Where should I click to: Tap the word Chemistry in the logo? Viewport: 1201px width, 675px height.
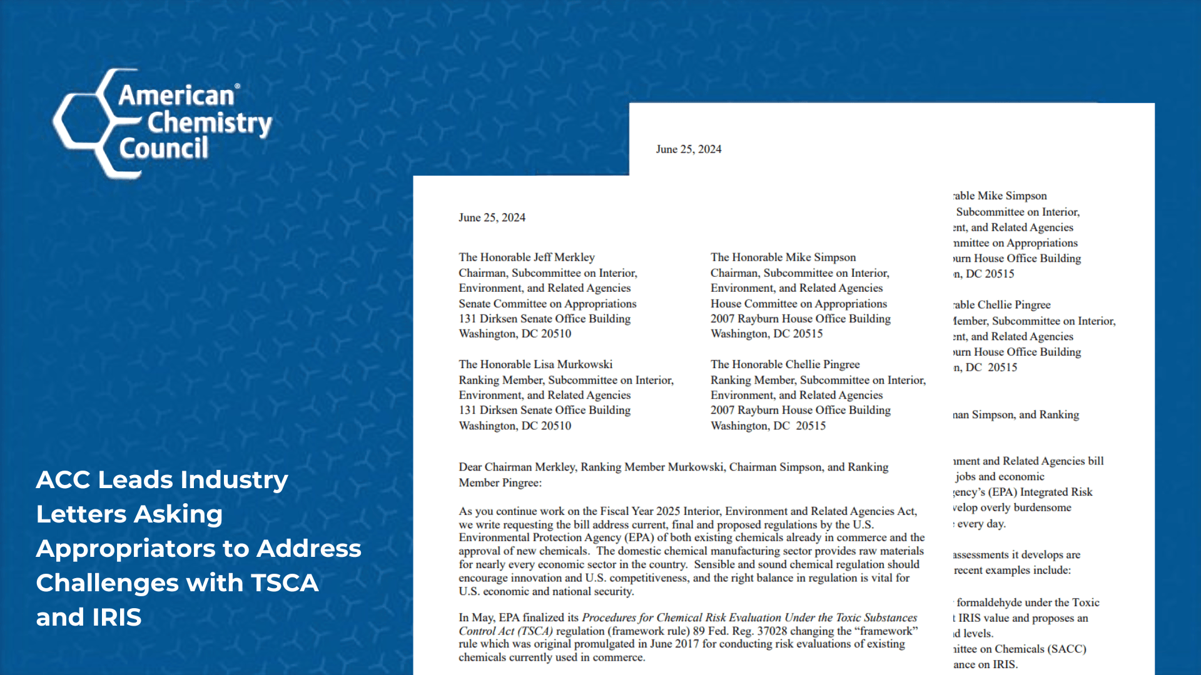click(209, 123)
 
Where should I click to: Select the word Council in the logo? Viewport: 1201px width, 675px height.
click(163, 149)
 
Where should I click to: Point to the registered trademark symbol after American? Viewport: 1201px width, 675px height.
click(237, 86)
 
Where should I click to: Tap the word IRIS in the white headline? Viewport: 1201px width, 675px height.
click(116, 617)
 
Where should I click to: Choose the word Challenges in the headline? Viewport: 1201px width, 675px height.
click(106, 582)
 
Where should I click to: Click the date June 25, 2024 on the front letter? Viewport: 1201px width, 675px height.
click(492, 217)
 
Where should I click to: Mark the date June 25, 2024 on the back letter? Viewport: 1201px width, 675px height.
click(688, 149)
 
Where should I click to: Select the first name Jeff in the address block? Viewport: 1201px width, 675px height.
click(542, 257)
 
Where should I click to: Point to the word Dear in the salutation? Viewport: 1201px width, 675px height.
click(470, 467)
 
